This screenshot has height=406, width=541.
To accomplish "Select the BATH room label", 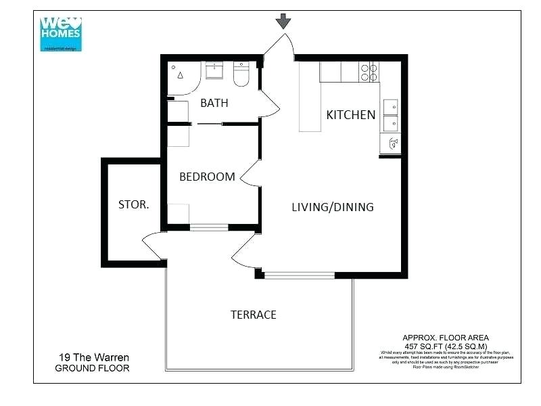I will coord(214,104).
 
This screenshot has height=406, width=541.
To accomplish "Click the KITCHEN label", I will coord(350,114).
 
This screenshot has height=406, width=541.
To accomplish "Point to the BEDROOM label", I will coord(207,177).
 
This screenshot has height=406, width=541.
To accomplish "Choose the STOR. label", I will coord(133,204).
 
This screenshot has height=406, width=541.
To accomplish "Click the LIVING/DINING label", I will coord(332,207).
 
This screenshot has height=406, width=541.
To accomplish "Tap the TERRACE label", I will coord(253,315).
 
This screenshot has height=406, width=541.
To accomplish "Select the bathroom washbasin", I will coord(215,70).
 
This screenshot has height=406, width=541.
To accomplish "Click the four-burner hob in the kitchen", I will coord(369,72).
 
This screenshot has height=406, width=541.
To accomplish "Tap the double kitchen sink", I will coord(390,115).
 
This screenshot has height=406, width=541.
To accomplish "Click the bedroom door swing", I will coord(249,175).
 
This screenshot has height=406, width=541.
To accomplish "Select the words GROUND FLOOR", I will coord(92,368).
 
